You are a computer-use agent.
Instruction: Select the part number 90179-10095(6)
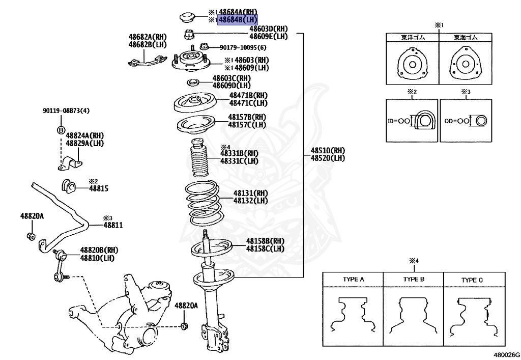coord(243,47)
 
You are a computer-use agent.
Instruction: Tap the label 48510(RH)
coord(328,151)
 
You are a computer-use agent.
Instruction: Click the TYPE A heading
coord(353,280)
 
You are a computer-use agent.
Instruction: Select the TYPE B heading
coord(414,280)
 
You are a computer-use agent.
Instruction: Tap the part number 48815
coord(99,188)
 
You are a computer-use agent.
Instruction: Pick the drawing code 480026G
coord(506,353)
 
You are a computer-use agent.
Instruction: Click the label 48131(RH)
coord(251,193)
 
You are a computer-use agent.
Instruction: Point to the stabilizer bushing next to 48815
coord(68,186)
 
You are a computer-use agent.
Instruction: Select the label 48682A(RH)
coord(148,37)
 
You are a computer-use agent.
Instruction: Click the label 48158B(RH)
coord(265,241)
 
